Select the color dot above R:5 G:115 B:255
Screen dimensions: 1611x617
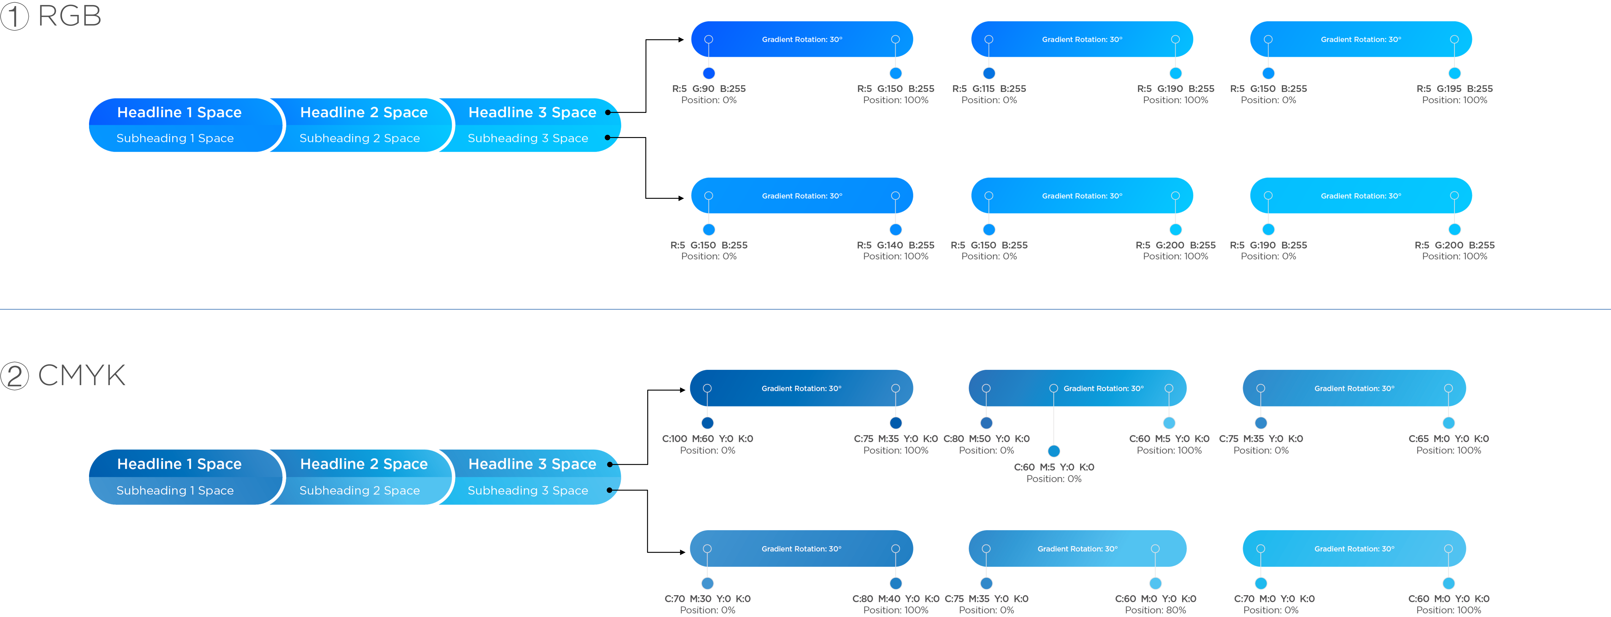tap(989, 73)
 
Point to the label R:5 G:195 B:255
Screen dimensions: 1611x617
tap(1455, 89)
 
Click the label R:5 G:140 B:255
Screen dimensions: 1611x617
tap(896, 245)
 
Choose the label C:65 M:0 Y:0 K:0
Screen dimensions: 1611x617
tap(1449, 439)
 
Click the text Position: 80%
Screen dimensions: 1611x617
tap(1155, 610)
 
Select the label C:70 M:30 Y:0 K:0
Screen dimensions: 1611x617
tap(707, 599)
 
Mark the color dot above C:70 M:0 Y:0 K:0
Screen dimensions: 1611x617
tap(1261, 583)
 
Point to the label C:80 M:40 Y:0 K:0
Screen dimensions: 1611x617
tap(896, 599)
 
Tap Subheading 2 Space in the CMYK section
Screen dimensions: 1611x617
tap(360, 491)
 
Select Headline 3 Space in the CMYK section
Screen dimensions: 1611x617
tap(532, 464)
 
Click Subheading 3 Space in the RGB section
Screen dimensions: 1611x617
tap(528, 138)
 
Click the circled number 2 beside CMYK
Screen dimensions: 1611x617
tap(14, 376)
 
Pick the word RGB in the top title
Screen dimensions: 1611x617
tap(69, 16)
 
